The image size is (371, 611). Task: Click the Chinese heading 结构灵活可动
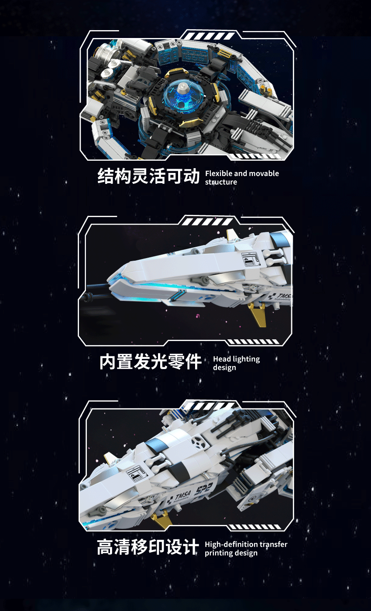coord(148,176)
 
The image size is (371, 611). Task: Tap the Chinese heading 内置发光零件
coord(151,362)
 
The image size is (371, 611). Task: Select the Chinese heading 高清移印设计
coord(148,547)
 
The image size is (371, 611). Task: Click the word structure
coord(221,182)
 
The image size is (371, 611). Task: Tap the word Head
coord(222,359)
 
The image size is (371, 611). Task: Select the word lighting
coord(246,359)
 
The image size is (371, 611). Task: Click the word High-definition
coord(227,545)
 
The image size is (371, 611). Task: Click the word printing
coord(217,553)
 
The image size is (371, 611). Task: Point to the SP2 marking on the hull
coord(203,489)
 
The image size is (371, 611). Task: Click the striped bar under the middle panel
coord(253,342)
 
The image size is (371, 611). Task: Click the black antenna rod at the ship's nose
coord(97,292)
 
